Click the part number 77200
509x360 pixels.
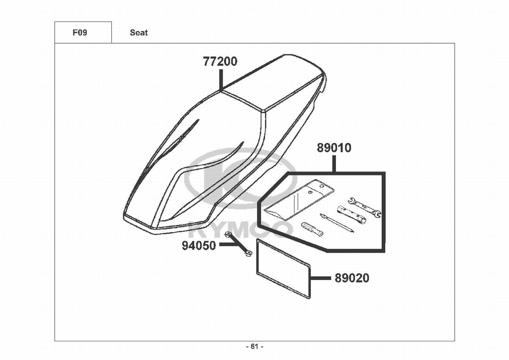click(x=220, y=62)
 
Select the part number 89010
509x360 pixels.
click(x=334, y=148)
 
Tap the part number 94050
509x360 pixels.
click(x=199, y=246)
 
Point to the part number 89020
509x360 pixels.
click(x=352, y=278)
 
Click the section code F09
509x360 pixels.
click(x=80, y=33)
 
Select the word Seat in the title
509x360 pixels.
click(x=138, y=33)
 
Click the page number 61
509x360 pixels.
click(x=255, y=347)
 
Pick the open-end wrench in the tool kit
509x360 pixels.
click(x=364, y=207)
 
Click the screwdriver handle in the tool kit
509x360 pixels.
click(x=312, y=229)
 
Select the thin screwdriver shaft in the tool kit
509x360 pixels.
click(x=337, y=223)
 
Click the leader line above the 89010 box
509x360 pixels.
click(x=334, y=164)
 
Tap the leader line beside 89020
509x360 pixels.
click(x=321, y=278)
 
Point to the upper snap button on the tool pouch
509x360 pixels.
click(x=322, y=186)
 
